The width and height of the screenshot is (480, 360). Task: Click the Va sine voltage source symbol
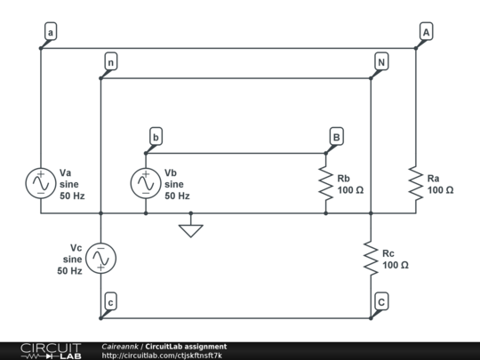41,182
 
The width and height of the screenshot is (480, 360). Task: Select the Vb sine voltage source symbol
146,182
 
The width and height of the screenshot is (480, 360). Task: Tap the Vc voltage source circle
101,258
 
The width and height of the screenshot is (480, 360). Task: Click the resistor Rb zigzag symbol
326,183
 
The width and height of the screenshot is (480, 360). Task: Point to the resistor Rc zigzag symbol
371,258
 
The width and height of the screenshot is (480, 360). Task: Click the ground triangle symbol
190,230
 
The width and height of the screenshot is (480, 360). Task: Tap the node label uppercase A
426,33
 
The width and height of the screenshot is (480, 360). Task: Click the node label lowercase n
110,62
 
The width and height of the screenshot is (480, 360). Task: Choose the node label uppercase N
380,62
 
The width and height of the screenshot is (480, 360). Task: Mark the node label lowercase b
156,137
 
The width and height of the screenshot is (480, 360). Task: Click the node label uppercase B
336,137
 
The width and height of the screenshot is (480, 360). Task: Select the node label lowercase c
109,301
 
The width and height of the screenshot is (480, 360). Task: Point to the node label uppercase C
380,301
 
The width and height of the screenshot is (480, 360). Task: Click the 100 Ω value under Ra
440,190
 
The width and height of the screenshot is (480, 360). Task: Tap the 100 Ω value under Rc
396,265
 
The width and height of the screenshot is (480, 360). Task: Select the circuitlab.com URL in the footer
162,356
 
